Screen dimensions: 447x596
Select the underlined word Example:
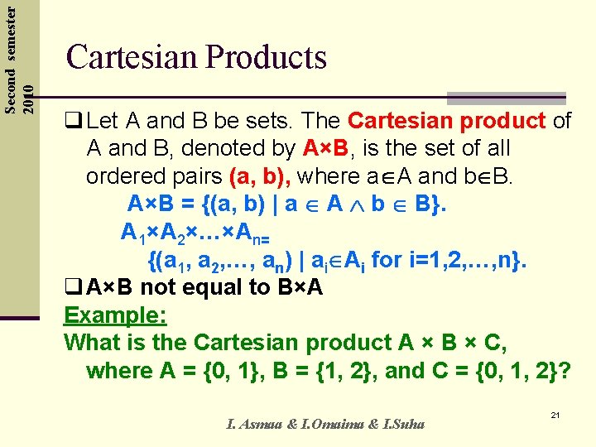coord(115,315)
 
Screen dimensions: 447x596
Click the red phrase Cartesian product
coord(446,121)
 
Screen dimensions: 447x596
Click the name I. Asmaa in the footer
coord(253,425)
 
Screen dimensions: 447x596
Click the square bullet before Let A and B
coord(72,122)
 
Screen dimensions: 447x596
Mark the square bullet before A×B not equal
coord(72,288)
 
